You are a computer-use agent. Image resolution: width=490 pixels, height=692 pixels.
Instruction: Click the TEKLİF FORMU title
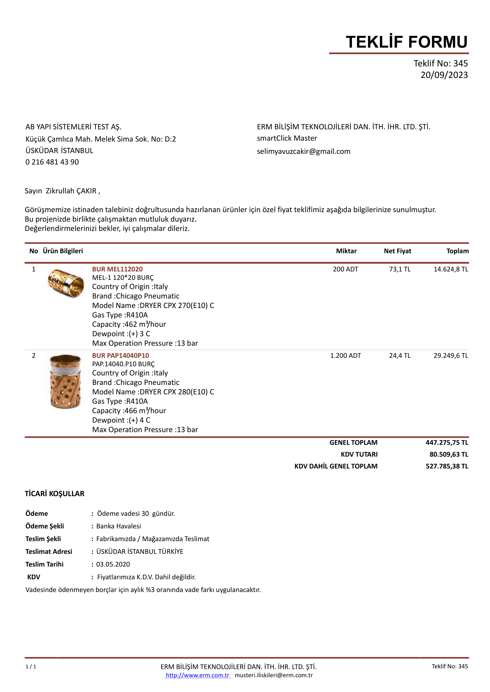[406, 42]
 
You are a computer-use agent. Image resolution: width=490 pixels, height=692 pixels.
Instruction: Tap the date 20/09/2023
[444, 75]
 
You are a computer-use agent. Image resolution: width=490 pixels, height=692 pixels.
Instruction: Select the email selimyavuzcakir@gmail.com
[304, 151]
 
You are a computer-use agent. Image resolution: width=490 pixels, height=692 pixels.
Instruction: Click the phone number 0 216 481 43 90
[52, 162]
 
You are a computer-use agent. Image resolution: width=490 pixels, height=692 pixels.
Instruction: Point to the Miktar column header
[346, 251]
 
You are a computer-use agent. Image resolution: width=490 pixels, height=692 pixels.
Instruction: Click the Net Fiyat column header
[397, 251]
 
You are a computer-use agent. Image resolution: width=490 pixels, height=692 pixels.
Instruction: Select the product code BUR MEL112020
[117, 269]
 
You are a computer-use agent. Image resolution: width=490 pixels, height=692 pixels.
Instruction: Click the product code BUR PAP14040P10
[120, 356]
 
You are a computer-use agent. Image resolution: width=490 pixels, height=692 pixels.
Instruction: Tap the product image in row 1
[66, 283]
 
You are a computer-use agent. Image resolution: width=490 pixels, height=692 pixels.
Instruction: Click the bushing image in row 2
[65, 382]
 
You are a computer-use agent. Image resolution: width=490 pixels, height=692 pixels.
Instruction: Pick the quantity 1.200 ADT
[345, 356]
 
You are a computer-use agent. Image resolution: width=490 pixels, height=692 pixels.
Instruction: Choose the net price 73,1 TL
[399, 269]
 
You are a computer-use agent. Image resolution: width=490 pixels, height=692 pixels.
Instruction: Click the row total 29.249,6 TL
[451, 356]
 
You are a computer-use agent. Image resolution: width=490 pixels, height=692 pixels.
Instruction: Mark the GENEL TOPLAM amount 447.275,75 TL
[447, 443]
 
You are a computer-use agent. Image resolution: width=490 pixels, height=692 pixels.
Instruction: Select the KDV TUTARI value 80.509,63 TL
[449, 454]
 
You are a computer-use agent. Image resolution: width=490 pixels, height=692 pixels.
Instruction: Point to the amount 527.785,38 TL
[447, 466]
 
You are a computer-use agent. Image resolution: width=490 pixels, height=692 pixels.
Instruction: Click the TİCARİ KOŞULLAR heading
[55, 494]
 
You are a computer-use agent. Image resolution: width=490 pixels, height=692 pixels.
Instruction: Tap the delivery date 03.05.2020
[113, 564]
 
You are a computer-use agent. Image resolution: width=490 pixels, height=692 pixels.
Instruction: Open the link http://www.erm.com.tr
[198, 675]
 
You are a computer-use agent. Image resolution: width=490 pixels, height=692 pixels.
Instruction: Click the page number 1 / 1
[31, 667]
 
